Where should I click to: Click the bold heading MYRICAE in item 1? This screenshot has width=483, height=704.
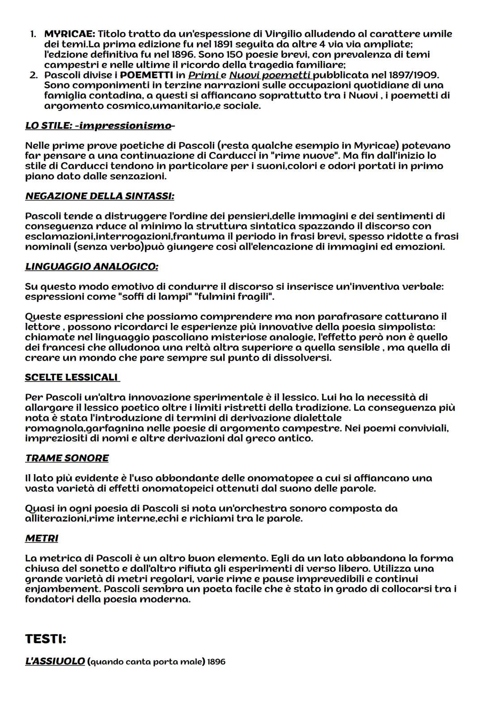pos(69,34)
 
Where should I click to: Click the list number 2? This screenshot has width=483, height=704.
pos(33,75)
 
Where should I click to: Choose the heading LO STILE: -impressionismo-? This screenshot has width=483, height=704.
pos(100,126)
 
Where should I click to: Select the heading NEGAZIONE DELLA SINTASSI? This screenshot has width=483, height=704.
pos(99,196)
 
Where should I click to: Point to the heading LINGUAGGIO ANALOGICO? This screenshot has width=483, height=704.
pos(91,267)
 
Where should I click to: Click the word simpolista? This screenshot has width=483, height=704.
pos(407,327)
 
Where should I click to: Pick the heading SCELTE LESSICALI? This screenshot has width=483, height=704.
pos(72,377)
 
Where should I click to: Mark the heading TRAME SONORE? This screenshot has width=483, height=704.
pos(67,458)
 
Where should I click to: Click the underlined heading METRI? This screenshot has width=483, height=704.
pos(42,539)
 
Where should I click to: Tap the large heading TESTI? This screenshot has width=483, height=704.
pos(46,639)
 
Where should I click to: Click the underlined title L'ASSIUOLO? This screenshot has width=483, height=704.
pos(55,661)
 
